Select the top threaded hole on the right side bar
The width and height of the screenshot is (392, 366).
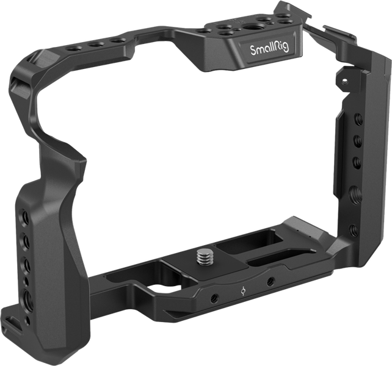[355, 119]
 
